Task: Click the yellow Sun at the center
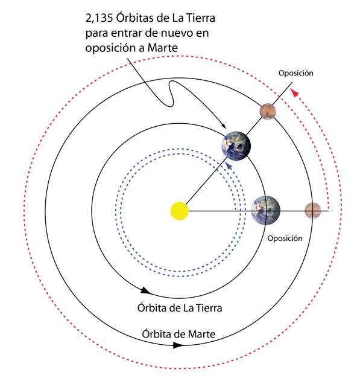pyautogui.click(x=180, y=211)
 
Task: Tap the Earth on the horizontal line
pyautogui.click(x=266, y=210)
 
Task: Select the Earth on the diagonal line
pyautogui.click(x=236, y=146)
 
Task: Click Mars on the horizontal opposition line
pyautogui.click(x=313, y=211)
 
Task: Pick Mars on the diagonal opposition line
pyautogui.click(x=268, y=112)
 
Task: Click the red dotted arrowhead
pyautogui.click(x=294, y=92)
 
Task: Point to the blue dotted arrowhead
pyautogui.click(x=229, y=165)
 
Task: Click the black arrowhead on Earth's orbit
pyautogui.click(x=145, y=290)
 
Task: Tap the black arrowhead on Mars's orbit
pyautogui.click(x=178, y=345)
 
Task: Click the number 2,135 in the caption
pyautogui.click(x=99, y=18)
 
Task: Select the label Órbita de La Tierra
pyautogui.click(x=180, y=308)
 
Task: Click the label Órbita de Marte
pyautogui.click(x=178, y=334)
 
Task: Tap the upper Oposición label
pyautogui.click(x=295, y=73)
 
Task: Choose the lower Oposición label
pyautogui.click(x=285, y=239)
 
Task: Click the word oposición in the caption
pyautogui.click(x=110, y=48)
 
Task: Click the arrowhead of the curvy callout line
pyautogui.click(x=224, y=126)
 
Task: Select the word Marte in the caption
pyautogui.click(x=163, y=48)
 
